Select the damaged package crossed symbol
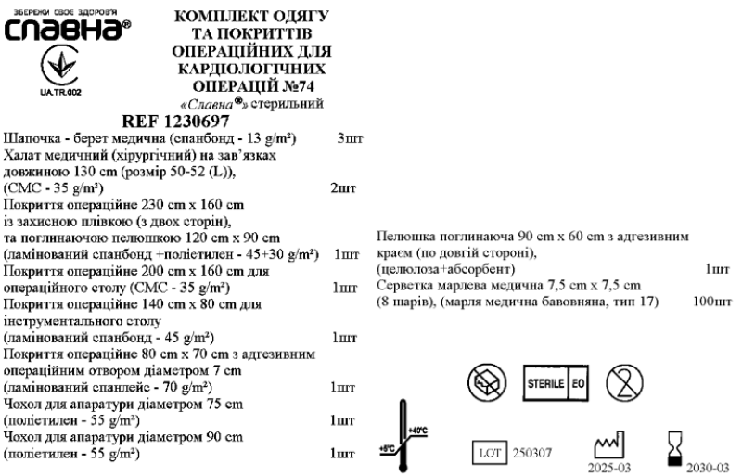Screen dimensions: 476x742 click(488, 381)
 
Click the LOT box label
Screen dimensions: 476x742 click(490, 452)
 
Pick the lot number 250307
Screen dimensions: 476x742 click(532, 453)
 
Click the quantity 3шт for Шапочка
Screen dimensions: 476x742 click(350, 138)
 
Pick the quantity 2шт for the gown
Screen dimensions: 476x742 click(343, 188)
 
